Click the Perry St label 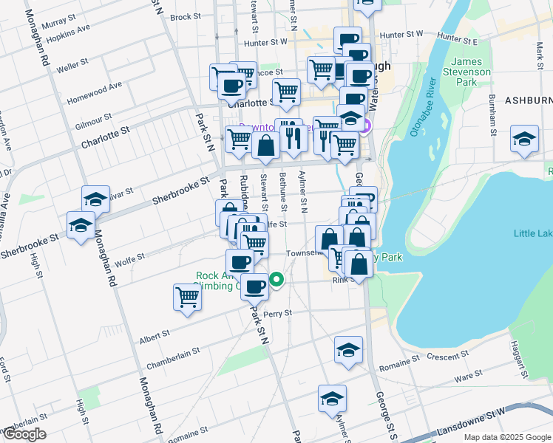278,313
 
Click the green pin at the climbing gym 276,280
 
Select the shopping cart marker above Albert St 188,298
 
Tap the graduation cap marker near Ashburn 525,140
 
